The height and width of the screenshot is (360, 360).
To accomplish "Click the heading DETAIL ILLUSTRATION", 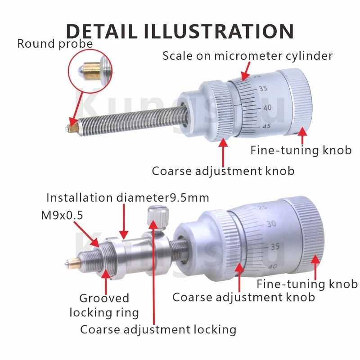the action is (x=180, y=31).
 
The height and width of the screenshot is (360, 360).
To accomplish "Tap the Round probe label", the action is (x=55, y=44).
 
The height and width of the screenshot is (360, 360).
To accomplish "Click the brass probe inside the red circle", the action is (x=91, y=71).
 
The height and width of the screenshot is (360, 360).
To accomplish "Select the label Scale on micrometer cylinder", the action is (x=247, y=56).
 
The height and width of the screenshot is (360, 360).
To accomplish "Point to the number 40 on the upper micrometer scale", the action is (x=267, y=108).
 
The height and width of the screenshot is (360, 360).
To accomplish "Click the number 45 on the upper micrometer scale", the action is (x=266, y=126).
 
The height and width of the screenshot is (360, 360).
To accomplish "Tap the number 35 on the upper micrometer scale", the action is (x=263, y=88).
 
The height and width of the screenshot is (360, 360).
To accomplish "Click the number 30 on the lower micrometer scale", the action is (x=271, y=224).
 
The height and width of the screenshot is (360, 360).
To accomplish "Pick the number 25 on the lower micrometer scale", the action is (x=263, y=207).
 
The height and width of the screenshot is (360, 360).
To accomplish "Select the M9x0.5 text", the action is (x=62, y=215).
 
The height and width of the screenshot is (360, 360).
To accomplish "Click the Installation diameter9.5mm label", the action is (x=128, y=198).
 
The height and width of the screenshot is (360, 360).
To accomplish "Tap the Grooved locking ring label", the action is (x=104, y=306).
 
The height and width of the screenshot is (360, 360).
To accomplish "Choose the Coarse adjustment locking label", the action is (x=158, y=330).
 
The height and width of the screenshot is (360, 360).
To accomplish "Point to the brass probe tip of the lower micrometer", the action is (x=73, y=264).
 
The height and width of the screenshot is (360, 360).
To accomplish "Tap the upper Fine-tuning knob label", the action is (x=301, y=150).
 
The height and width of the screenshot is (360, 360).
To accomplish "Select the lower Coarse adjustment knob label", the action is (x=243, y=297).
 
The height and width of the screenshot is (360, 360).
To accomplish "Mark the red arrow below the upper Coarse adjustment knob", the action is (x=223, y=153).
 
